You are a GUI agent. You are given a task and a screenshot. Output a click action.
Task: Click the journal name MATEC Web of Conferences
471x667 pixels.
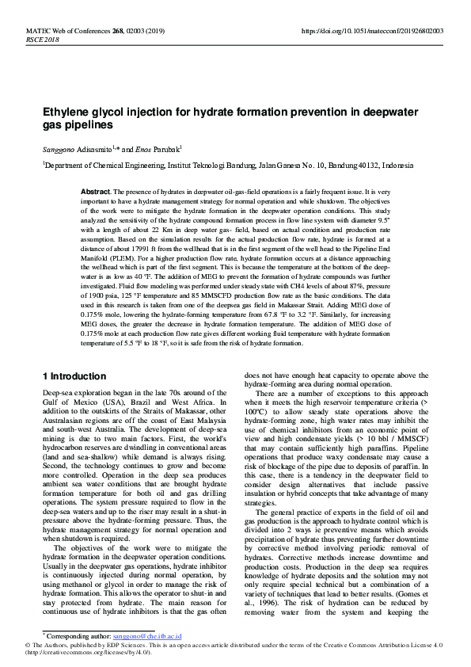(x=52, y=30)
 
